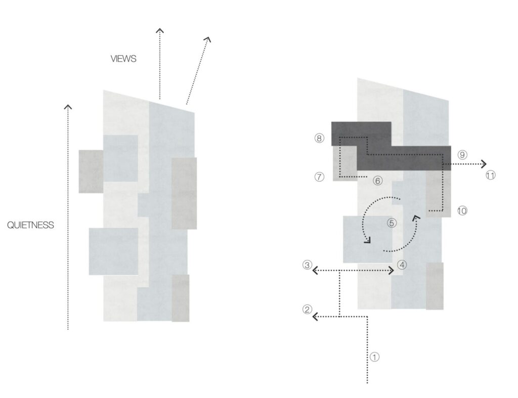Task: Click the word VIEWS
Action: point(123,59)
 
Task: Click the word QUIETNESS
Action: point(30,225)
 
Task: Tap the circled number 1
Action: point(374,357)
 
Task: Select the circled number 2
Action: point(307,309)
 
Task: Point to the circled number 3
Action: point(307,265)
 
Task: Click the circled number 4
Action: point(402,265)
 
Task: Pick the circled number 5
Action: point(392,224)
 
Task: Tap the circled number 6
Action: point(377,181)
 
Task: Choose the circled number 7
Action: point(319,177)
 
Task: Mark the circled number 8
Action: point(319,138)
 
